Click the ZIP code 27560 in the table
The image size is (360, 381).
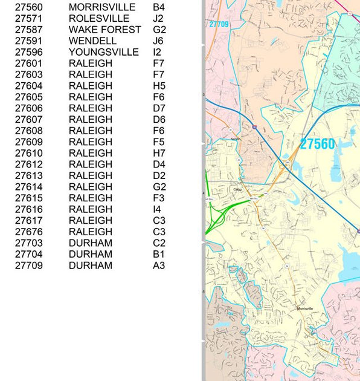tap(29, 7)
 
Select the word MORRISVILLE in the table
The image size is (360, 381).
tap(102, 7)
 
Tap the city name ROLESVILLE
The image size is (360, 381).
tap(99, 18)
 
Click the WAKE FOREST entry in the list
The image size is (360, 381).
tap(105, 30)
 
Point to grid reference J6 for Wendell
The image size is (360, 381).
tap(158, 41)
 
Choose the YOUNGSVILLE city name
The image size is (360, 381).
tap(104, 52)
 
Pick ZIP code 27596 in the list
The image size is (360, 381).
tap(29, 52)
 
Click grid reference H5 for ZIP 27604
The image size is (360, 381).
tap(159, 86)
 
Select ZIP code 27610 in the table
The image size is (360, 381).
tap(29, 153)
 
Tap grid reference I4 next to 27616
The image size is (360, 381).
tap(157, 209)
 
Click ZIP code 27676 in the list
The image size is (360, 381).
tap(29, 232)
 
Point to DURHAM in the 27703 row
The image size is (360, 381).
tap(91, 243)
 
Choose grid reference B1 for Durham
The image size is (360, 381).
tap(158, 254)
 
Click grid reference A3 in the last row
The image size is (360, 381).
tap(159, 265)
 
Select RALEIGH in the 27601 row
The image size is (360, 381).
tap(91, 63)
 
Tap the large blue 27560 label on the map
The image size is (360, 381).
tap(317, 144)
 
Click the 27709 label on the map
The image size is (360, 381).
tap(219, 24)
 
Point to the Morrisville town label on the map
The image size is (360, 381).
tap(305, 308)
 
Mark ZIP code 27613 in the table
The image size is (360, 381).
tap(29, 175)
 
